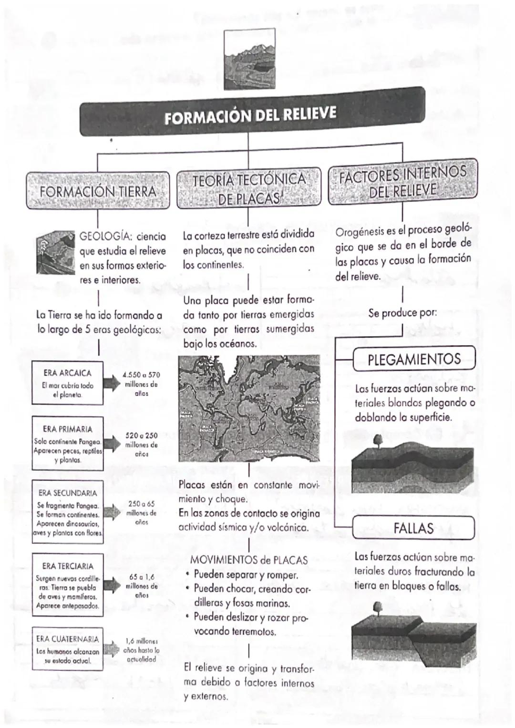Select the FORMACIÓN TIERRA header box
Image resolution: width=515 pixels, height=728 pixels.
coord(98,191)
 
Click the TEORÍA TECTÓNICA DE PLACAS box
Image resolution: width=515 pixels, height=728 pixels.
coord(249,188)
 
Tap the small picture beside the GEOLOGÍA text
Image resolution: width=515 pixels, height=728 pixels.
coord(56,252)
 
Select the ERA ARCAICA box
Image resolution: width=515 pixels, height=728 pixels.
coord(67,383)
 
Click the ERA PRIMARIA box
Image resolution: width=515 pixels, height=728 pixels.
coord(67,444)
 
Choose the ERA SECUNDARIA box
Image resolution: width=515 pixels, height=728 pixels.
coord(68,512)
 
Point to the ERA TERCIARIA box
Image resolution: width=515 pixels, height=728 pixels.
coord(68,585)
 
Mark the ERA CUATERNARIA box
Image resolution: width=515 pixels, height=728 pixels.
coord(68,649)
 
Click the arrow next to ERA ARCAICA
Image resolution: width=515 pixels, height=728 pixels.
coord(111,383)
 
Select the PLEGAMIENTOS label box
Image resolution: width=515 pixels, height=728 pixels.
coord(414,359)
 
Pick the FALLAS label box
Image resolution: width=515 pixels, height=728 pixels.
coord(413,528)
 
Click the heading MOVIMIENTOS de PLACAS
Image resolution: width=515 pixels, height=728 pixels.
coord(249,560)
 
